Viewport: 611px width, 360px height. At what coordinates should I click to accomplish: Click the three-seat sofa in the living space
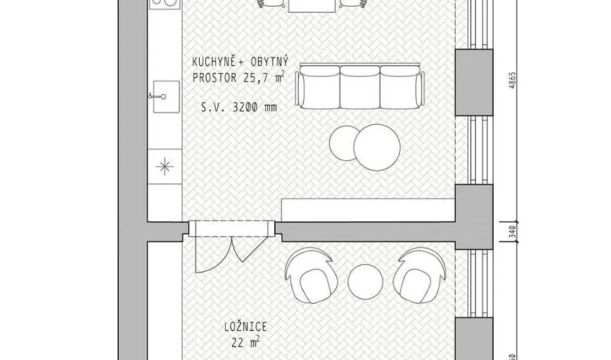(x=359, y=87)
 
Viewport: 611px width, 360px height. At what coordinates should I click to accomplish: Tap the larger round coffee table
(x=377, y=147)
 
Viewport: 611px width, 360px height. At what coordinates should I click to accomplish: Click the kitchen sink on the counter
(x=166, y=96)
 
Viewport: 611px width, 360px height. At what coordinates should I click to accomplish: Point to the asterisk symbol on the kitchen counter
(x=164, y=167)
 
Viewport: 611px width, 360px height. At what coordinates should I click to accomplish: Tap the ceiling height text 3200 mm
(x=254, y=107)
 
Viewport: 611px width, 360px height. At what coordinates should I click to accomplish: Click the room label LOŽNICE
(x=246, y=326)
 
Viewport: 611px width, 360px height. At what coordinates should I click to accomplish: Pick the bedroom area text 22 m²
(x=246, y=343)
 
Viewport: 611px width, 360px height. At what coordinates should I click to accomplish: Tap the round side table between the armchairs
(x=365, y=282)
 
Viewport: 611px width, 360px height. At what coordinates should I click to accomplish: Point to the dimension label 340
(x=513, y=232)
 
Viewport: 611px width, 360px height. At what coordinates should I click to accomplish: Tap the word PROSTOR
(x=214, y=78)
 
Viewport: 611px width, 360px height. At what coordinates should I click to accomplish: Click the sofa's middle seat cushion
(x=360, y=87)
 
